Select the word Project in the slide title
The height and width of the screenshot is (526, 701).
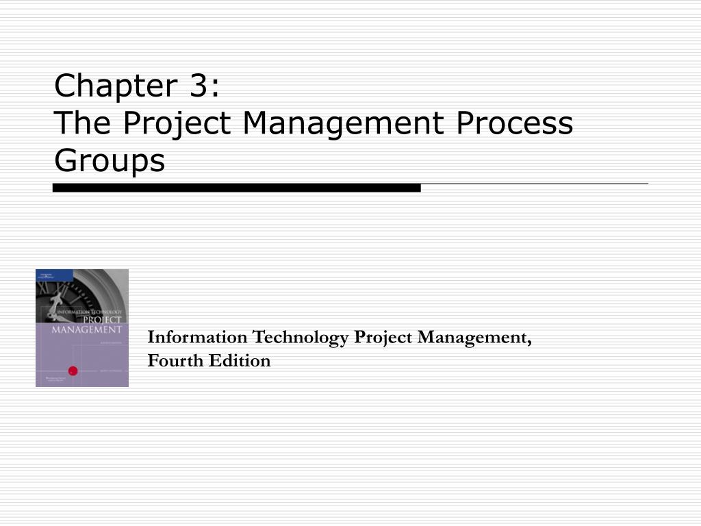tap(180, 124)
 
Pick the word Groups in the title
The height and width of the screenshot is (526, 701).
tap(110, 162)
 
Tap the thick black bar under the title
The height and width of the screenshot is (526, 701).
tap(236, 187)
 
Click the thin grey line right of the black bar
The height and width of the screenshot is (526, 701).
tap(534, 184)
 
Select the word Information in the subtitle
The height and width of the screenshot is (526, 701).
tap(199, 338)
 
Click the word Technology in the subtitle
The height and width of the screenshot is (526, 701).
tap(301, 338)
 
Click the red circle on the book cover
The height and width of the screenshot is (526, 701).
tap(73, 371)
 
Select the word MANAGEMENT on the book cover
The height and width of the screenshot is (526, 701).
tap(87, 329)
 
